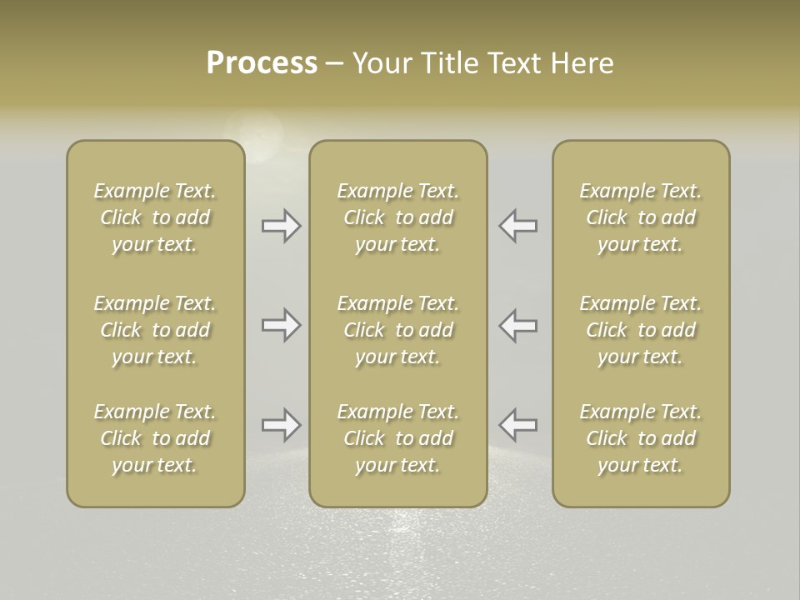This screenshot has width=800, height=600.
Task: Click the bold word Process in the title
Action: click(x=262, y=63)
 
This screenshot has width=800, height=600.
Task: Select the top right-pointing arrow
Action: click(x=281, y=226)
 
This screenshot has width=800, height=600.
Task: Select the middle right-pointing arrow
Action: click(x=281, y=325)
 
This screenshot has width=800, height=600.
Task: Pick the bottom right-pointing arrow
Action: click(x=281, y=425)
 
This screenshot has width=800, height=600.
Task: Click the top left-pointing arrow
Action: click(x=518, y=226)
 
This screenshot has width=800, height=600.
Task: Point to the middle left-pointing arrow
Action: click(x=518, y=325)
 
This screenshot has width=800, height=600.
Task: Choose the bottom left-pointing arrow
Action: click(x=518, y=425)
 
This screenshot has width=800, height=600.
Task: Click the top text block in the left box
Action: click(x=155, y=217)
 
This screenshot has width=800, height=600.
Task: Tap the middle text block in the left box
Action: click(x=155, y=330)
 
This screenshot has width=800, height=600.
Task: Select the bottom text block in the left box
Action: click(x=155, y=438)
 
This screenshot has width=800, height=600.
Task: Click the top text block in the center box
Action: click(x=397, y=217)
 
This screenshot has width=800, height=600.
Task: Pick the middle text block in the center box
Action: click(x=397, y=330)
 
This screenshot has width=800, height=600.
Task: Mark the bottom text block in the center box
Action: click(x=397, y=438)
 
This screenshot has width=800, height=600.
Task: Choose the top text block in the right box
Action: click(x=641, y=217)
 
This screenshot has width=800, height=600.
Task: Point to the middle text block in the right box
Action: click(x=641, y=330)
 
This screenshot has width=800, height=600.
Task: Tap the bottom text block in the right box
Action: click(x=641, y=438)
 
